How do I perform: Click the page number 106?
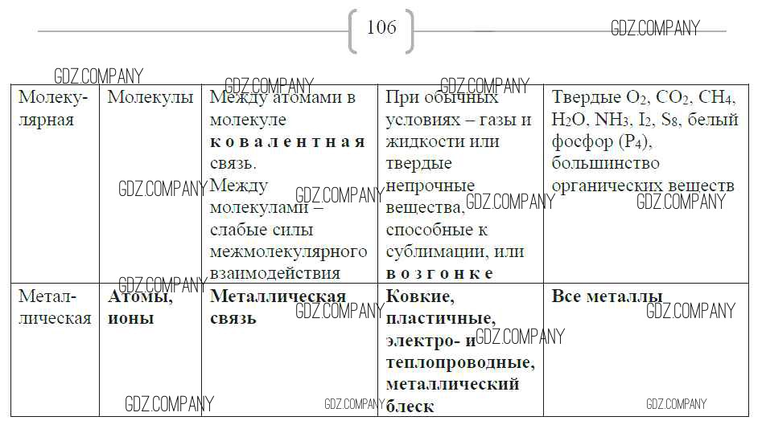381,27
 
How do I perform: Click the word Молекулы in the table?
150,98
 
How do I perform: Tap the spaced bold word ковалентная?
287,142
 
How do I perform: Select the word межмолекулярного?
288,251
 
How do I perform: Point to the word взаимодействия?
274,273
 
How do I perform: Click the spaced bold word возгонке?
439,273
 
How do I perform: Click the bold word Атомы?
140,296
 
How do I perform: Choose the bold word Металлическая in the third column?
278,296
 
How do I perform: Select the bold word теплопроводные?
459,362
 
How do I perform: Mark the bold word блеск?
410,406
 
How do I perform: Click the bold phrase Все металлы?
607,296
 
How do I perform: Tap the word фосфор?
579,142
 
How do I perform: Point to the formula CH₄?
716,98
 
